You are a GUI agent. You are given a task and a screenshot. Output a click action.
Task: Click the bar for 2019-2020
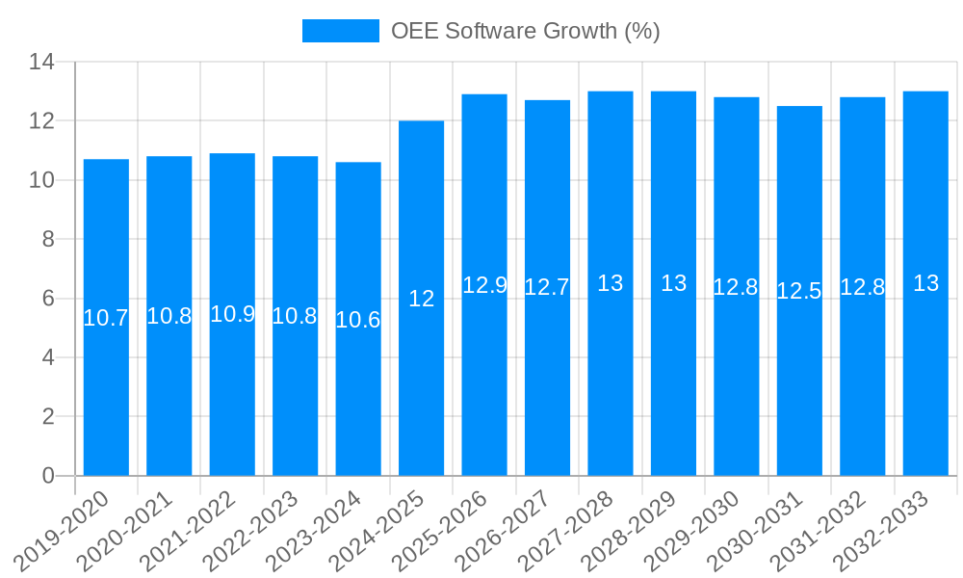(106, 385)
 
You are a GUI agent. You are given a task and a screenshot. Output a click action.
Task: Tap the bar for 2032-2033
(925, 385)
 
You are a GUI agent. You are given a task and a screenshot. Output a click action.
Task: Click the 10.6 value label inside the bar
(358, 320)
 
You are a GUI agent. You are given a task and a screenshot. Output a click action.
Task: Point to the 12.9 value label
(484, 285)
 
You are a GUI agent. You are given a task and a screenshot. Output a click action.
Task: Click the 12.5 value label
(799, 291)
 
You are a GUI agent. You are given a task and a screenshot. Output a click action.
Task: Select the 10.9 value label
(232, 314)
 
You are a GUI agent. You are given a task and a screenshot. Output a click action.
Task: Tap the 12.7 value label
(547, 287)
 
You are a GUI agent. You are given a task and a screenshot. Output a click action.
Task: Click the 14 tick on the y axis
(41, 63)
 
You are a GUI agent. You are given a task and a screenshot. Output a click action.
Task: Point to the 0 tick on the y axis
(48, 476)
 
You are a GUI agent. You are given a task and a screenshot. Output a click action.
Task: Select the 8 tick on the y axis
(48, 239)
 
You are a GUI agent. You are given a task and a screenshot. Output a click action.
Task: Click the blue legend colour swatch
(340, 31)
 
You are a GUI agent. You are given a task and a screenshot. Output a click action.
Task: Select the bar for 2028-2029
(673, 385)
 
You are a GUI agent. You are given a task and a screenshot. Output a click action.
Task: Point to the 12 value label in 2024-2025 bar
(421, 299)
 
